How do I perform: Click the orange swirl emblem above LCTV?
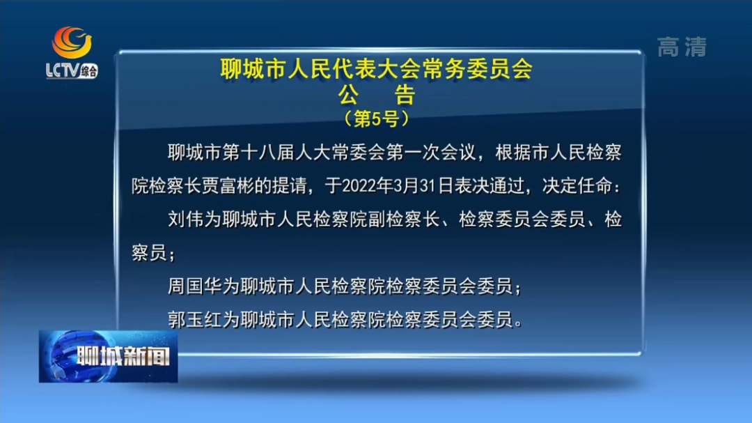coord(72,42)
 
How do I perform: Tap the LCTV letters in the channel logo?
coord(63,70)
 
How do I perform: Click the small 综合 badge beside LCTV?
coord(88,72)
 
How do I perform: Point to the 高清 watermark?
coord(682,47)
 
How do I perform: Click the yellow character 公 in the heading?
coord(349,95)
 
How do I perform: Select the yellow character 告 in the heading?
coord(405,95)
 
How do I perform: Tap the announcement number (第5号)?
coord(377,118)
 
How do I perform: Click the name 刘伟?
coord(186,220)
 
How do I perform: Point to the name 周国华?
coord(195,286)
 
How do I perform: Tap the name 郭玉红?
coord(195,319)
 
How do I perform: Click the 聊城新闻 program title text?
coord(123,356)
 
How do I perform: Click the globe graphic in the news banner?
coord(58,356)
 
